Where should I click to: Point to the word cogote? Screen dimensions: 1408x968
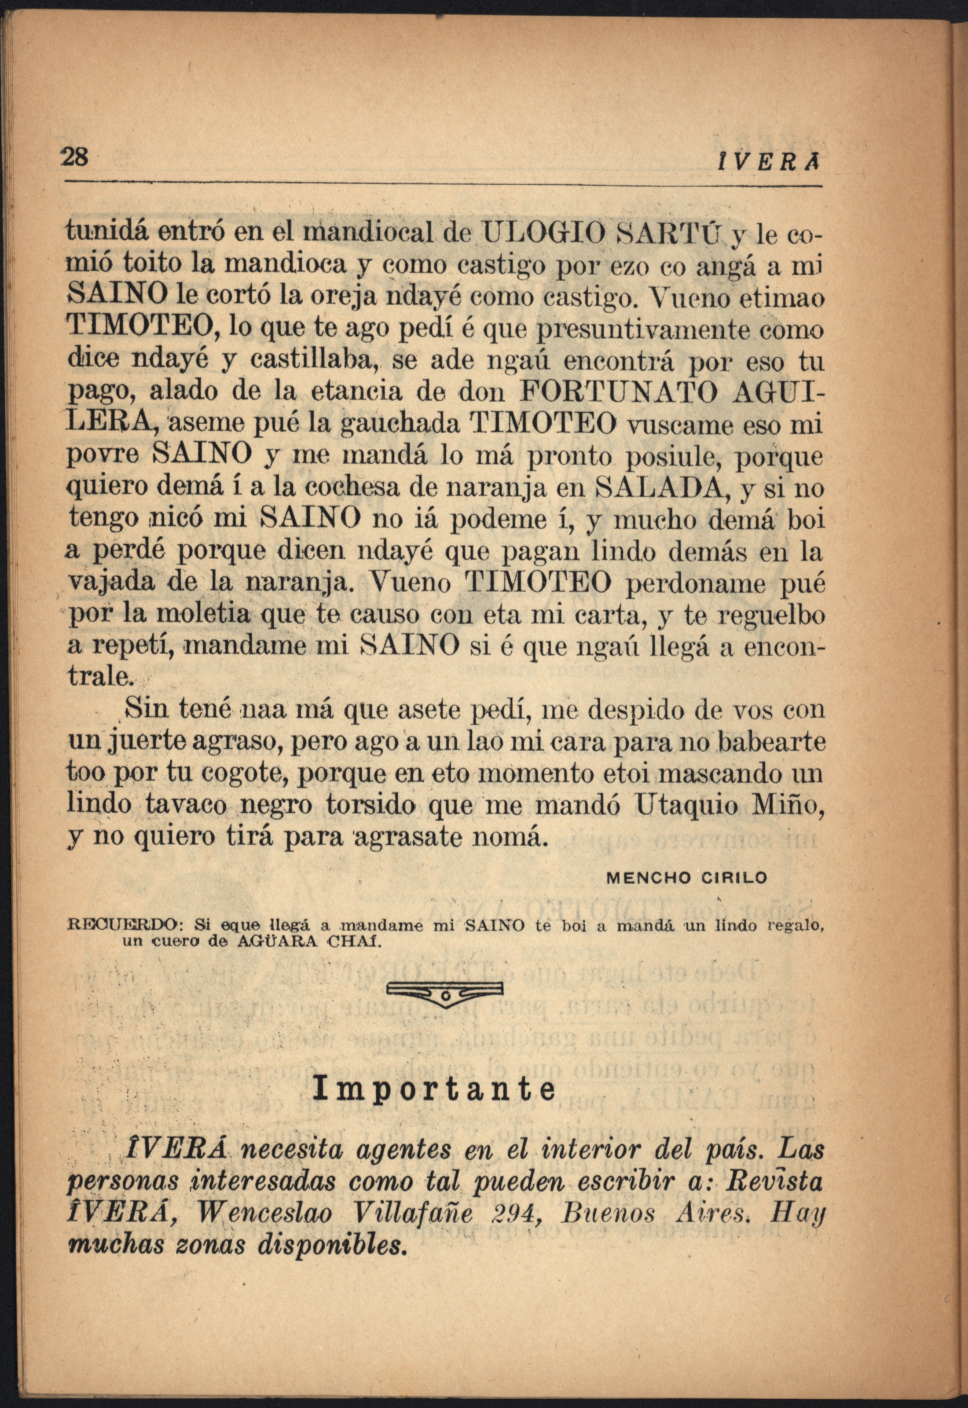pyautogui.click(x=244, y=773)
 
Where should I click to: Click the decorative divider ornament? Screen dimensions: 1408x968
pyautogui.click(x=444, y=993)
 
